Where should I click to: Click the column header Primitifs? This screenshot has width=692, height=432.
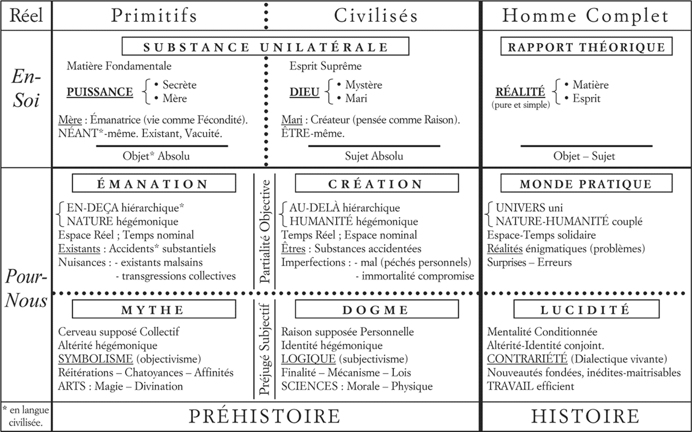point(154,16)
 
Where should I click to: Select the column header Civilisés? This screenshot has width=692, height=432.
point(376,16)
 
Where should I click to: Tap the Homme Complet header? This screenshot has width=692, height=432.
point(585,16)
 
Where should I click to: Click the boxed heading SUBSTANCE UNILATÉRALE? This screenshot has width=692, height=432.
point(266,46)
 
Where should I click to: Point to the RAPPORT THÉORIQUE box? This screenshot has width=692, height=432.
point(586,46)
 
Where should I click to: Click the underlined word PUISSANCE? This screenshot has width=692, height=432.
point(100,92)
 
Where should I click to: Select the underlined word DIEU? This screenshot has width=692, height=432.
point(304,92)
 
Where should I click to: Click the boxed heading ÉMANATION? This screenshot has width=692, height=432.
point(152,185)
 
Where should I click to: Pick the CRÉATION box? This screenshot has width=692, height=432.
point(375,185)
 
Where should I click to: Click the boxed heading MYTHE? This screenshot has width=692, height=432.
point(152,310)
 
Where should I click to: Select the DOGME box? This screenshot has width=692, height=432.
point(375,310)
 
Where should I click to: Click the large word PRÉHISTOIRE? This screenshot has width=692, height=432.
point(265,417)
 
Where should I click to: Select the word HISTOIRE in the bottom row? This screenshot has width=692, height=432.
point(585,417)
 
